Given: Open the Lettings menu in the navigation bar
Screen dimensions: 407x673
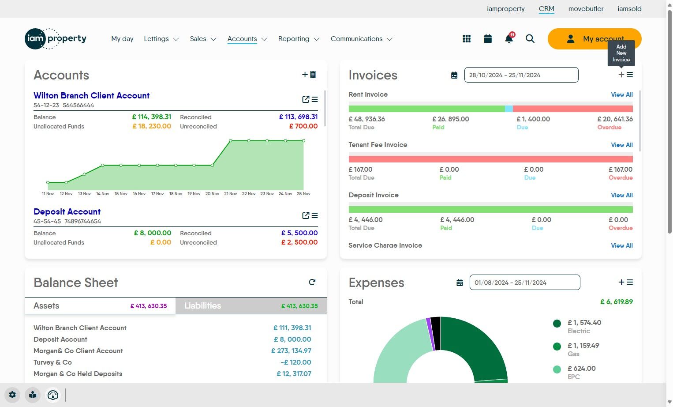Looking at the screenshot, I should click(161, 39).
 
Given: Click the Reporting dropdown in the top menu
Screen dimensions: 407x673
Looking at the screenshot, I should click(298, 39).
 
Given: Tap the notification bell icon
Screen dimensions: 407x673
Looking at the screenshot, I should click(509, 39).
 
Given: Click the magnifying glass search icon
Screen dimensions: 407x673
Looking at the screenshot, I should click(530, 39).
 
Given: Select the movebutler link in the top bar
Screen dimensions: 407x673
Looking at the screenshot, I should click(586, 9).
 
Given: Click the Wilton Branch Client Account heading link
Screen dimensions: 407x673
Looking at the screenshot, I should click(91, 95).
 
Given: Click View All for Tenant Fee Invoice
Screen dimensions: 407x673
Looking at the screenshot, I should click(621, 145).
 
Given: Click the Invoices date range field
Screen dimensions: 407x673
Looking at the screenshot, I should click(521, 75).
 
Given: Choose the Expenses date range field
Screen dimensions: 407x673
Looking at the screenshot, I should click(524, 283).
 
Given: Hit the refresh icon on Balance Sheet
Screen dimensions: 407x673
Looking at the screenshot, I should click(312, 282).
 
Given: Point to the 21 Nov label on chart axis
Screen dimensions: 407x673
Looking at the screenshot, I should click(231, 194).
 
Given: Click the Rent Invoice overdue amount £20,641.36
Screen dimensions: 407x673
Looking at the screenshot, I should click(615, 119).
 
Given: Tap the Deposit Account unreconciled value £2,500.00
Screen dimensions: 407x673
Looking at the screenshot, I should click(299, 242).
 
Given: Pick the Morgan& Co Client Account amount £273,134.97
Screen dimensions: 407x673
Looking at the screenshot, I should click(291, 351).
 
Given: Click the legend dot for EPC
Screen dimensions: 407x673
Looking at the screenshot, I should click(557, 369).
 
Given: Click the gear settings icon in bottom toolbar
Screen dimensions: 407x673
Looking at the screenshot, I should click(12, 395).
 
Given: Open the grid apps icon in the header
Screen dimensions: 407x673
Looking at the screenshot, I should click(467, 39).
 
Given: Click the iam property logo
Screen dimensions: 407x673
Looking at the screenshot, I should click(56, 39).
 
